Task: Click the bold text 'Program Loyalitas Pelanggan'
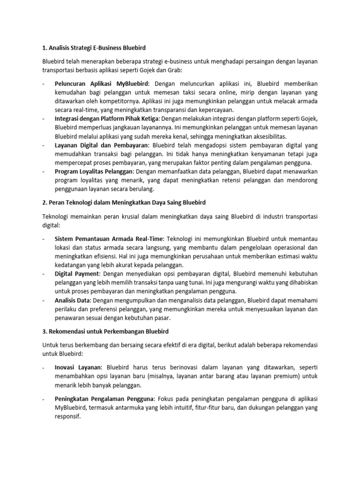click(x=94, y=172)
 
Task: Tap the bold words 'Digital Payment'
click(x=77, y=273)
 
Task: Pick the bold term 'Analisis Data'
click(x=73, y=300)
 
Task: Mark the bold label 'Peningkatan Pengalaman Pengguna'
click(x=104, y=399)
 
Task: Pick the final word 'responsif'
click(x=68, y=416)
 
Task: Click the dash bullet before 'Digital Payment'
click(x=43, y=273)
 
